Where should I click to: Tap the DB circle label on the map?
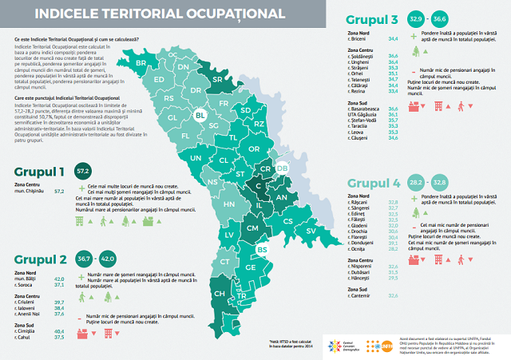282,168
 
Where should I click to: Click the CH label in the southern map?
219,294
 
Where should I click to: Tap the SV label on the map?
310,230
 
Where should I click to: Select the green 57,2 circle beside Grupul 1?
81,171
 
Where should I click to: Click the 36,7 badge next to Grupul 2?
83,259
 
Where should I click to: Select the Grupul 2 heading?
40,260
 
